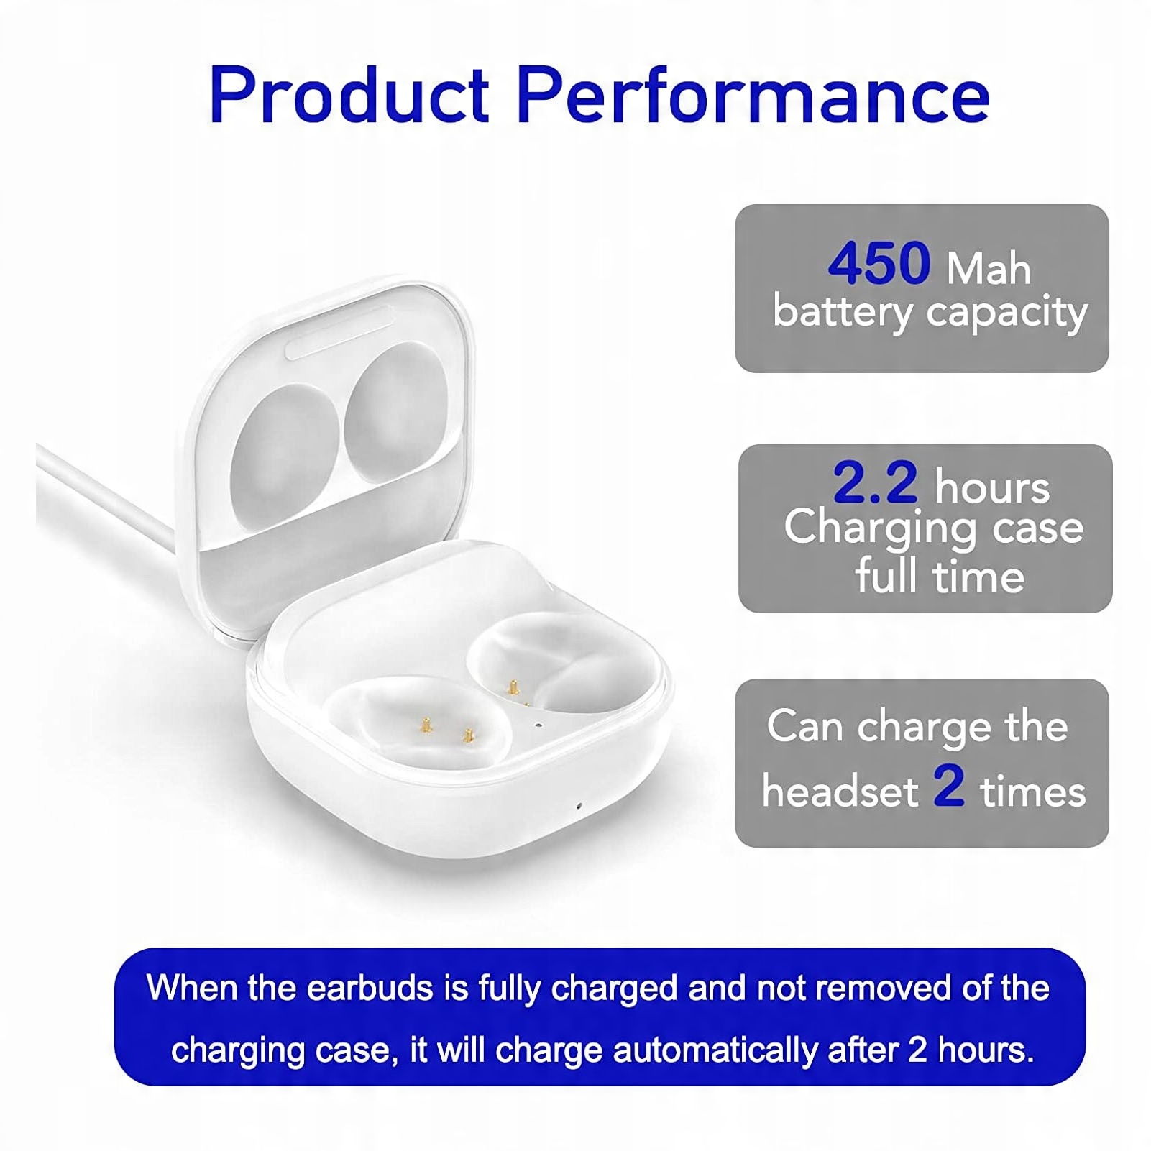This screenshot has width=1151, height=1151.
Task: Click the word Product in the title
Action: click(349, 94)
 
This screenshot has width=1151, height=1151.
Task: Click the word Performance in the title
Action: click(753, 94)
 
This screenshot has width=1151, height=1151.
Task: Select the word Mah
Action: click(989, 268)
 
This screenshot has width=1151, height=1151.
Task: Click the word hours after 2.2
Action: click(992, 487)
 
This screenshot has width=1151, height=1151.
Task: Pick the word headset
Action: click(840, 791)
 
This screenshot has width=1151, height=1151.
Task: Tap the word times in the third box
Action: click(1033, 792)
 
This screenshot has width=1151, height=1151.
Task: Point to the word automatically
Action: click(715, 1050)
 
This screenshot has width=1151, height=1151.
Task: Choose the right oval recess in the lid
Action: click(395, 408)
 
